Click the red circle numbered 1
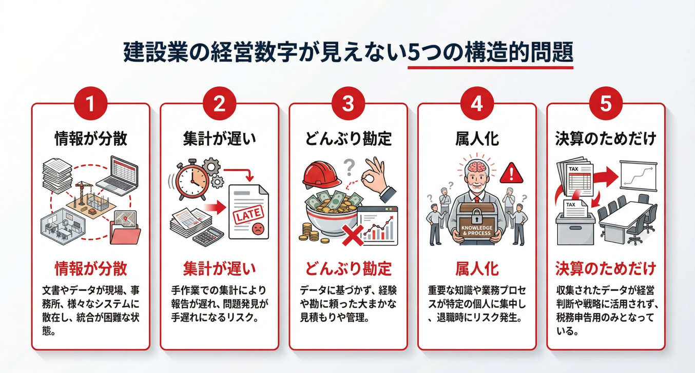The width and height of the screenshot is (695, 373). click(90, 104)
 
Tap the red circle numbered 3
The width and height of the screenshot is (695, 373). click(348, 104)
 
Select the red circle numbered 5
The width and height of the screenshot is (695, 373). click(606, 104)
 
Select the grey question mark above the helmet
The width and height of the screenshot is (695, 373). click(349, 167)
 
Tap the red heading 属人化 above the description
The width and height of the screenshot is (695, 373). click(477, 268)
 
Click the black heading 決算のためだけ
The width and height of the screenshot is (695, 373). click(606, 139)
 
